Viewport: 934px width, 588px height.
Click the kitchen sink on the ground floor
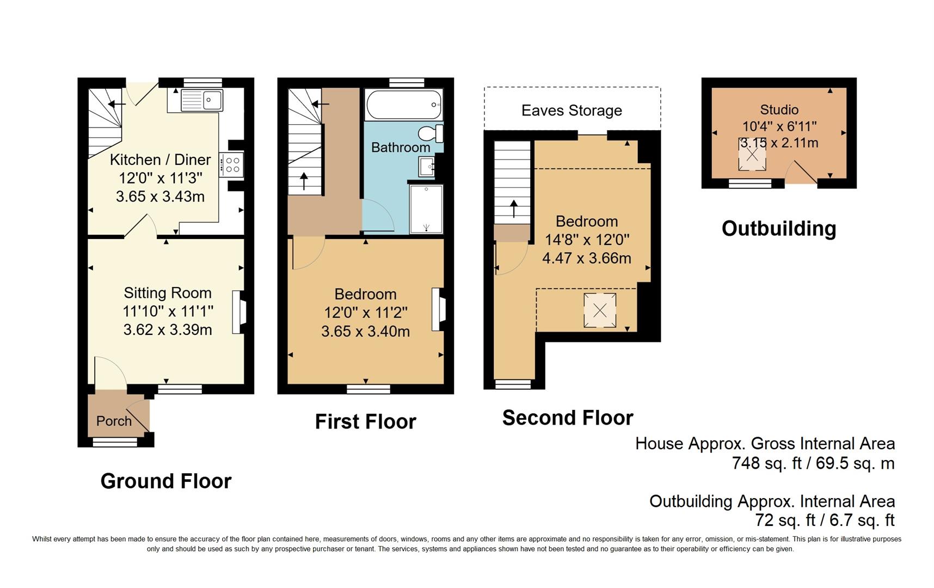pyautogui.click(x=201, y=100)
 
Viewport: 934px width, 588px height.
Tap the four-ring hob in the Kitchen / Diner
pyautogui.click(x=232, y=165)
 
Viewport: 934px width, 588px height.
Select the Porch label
pyautogui.click(x=114, y=421)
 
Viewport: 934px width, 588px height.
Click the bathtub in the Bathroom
pyautogui.click(x=404, y=105)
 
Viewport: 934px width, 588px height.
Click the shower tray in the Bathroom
pyautogui.click(x=426, y=209)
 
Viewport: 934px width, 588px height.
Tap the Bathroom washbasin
pyautogui.click(x=426, y=166)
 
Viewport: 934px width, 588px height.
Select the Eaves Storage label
pyautogui.click(x=572, y=111)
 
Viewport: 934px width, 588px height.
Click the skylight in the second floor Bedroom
pyautogui.click(x=600, y=310)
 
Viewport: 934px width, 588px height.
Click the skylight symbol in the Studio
pyautogui.click(x=752, y=155)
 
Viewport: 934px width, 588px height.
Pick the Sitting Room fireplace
pyautogui.click(x=238, y=312)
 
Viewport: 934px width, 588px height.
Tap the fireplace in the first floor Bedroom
pyautogui.click(x=438, y=309)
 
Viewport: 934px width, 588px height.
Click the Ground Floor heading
pyautogui.click(x=166, y=481)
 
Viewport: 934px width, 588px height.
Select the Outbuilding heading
pyautogui.click(x=778, y=229)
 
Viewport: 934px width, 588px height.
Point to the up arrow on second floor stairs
pyautogui.click(x=513, y=207)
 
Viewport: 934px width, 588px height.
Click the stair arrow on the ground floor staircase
pyautogui.click(x=115, y=104)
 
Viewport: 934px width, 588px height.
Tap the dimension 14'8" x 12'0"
pyautogui.click(x=587, y=240)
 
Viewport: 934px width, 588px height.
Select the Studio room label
pyautogui.click(x=779, y=109)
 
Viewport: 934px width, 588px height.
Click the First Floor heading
pyautogui.click(x=365, y=422)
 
